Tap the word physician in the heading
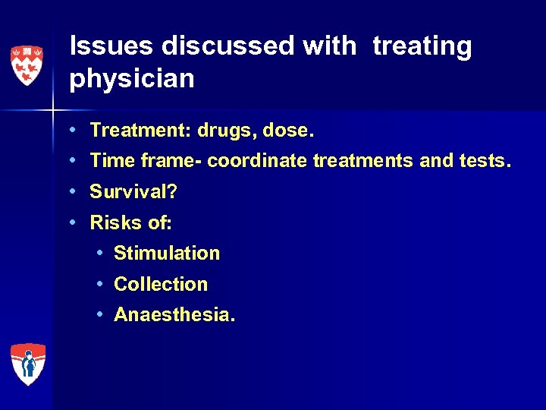click(131, 78)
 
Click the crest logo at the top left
click(27, 65)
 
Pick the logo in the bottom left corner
click(27, 364)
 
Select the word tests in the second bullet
click(482, 161)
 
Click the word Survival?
click(133, 192)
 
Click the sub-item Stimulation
click(167, 253)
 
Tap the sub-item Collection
click(161, 284)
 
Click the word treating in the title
click(422, 46)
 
